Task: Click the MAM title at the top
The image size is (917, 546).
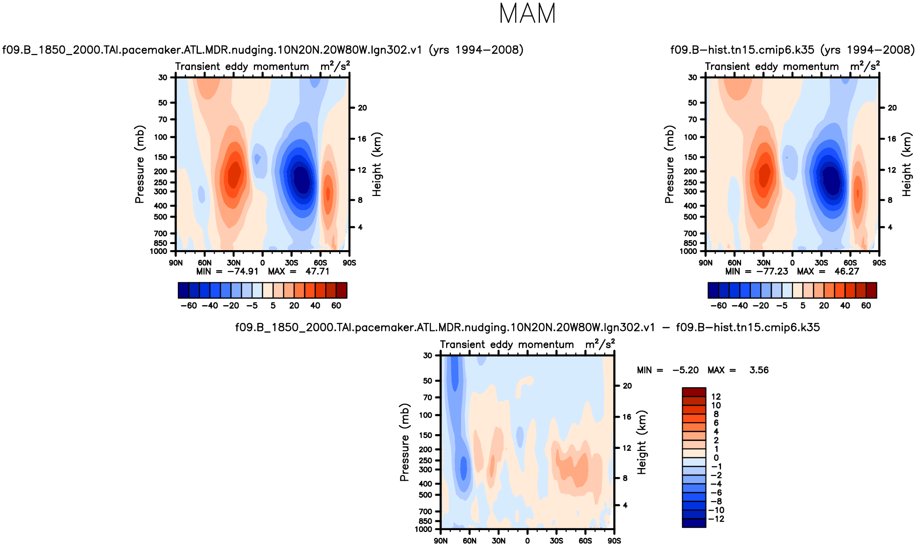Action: click(x=527, y=14)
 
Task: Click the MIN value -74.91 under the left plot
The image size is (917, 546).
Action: click(x=243, y=272)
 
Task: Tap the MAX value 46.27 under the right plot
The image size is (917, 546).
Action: click(x=847, y=272)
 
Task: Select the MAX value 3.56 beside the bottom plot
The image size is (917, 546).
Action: click(x=759, y=370)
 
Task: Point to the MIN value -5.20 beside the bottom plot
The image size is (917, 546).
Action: click(x=686, y=370)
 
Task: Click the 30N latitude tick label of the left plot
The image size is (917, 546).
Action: click(x=233, y=263)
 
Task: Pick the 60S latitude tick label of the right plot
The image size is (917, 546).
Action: click(x=850, y=263)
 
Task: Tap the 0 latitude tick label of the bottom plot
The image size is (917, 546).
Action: click(x=527, y=541)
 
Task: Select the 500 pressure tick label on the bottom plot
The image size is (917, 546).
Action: click(x=426, y=495)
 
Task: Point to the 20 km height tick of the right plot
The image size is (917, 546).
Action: click(x=892, y=108)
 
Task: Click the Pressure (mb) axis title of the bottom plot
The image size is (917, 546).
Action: click(x=404, y=442)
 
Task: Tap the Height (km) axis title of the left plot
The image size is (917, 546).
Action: click(x=377, y=164)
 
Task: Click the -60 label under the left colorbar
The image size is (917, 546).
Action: click(x=189, y=306)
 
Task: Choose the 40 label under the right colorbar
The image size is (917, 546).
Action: click(x=845, y=306)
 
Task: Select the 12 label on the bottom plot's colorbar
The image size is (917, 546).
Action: click(x=716, y=397)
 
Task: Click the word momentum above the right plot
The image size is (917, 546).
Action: click(x=811, y=67)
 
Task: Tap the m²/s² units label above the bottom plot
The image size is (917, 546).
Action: click(x=600, y=344)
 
